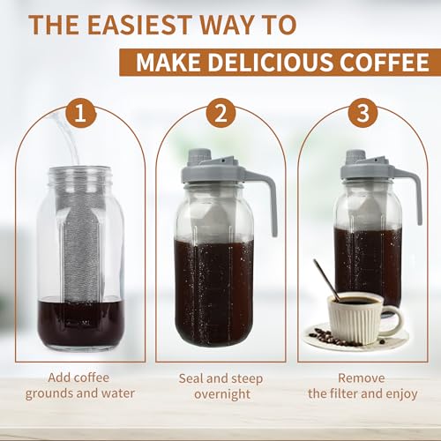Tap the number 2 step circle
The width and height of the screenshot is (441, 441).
click(x=220, y=116)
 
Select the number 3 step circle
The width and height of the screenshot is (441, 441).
click(x=360, y=116)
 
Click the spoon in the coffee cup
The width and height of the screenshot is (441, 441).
click(x=325, y=279)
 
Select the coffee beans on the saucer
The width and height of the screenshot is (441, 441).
click(x=331, y=337)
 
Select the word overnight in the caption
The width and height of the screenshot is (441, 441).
click(x=220, y=395)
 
